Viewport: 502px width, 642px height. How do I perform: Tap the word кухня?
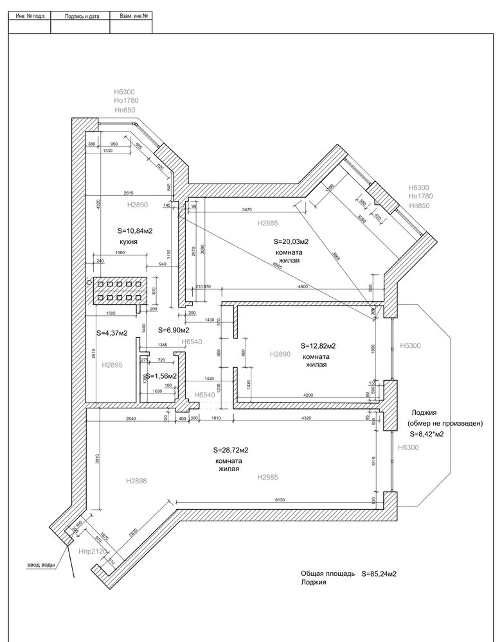pyautogui.click(x=130, y=242)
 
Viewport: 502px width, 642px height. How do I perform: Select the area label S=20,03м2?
pyautogui.click(x=291, y=242)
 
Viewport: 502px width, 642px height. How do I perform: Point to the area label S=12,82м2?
pyautogui.click(x=318, y=345)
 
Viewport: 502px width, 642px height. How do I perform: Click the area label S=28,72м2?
pyautogui.click(x=230, y=451)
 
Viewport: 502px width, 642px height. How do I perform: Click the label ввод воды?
pyautogui.click(x=40, y=565)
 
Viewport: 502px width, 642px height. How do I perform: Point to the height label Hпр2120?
pyautogui.click(x=92, y=551)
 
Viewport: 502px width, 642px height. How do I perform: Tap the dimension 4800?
pyautogui.click(x=304, y=286)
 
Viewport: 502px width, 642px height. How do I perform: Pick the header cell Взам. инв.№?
pyautogui.click(x=130, y=13)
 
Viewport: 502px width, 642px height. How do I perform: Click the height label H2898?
pyautogui.click(x=138, y=480)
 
